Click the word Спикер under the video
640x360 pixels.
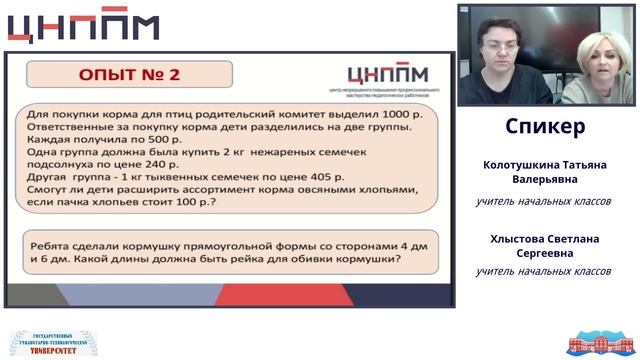click(x=545, y=127)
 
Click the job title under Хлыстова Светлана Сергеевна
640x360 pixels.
click(x=543, y=271)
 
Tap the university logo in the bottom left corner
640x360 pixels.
click(x=52, y=342)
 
